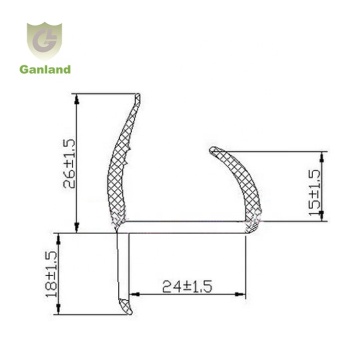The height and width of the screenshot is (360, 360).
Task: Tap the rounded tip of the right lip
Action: (213, 152)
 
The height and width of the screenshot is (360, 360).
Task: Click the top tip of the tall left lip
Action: (135, 98)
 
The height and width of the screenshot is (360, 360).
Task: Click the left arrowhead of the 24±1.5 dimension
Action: (126, 295)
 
